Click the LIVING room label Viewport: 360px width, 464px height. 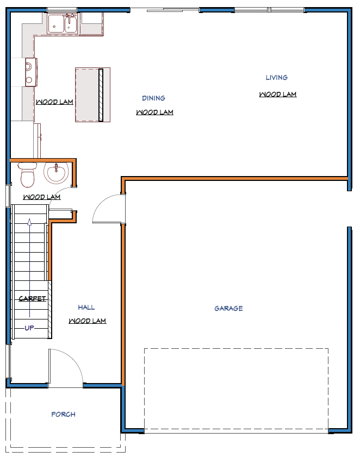[x=276, y=78]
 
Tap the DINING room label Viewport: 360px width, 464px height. [x=153, y=98]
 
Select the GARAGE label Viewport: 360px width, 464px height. [x=228, y=309]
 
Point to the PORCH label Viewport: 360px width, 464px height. [x=63, y=414]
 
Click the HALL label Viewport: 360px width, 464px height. [x=86, y=308]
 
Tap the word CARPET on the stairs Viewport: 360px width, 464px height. [x=32, y=299]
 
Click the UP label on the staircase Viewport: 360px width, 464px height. [x=29, y=328]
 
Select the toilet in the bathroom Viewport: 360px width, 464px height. [x=28, y=174]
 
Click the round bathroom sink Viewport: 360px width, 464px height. [x=57, y=173]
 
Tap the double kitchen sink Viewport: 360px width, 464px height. [x=63, y=24]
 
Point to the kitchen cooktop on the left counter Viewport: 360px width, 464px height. [x=31, y=72]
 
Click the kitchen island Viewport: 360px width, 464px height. [x=92, y=95]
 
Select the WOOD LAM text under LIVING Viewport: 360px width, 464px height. [x=278, y=95]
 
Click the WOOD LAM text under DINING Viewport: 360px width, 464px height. [x=154, y=112]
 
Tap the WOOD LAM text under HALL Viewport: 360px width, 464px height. [x=88, y=321]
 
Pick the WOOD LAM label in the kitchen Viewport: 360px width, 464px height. [x=54, y=102]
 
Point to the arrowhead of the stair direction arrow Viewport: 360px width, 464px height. [x=29, y=222]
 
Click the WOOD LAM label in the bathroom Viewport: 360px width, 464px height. [x=42, y=197]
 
